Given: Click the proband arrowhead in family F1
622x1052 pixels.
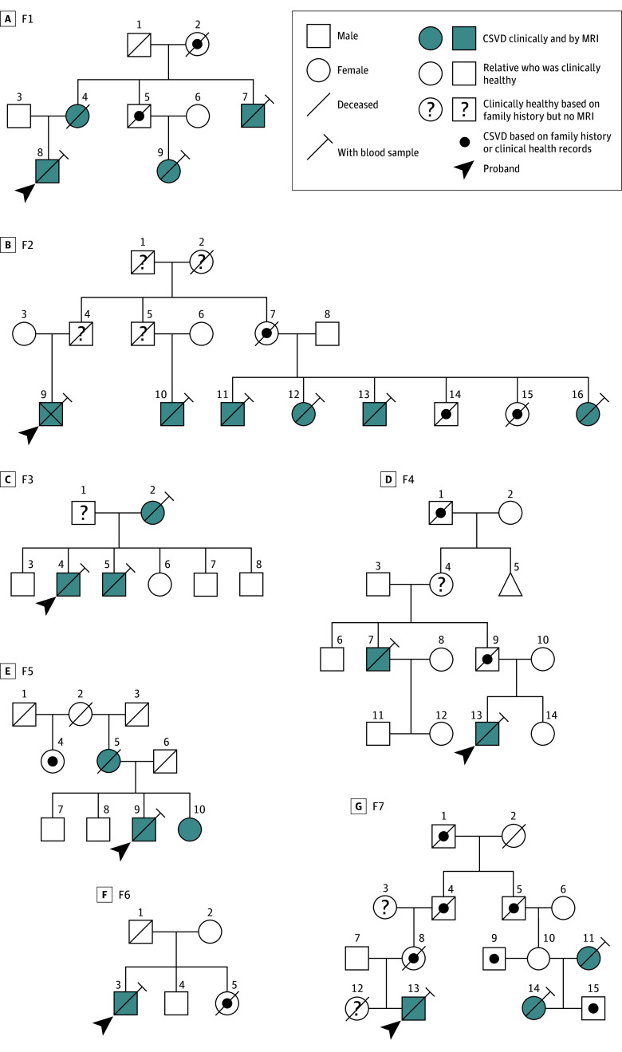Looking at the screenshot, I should (26, 192).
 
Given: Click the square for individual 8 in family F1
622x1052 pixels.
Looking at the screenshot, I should (49, 171).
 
